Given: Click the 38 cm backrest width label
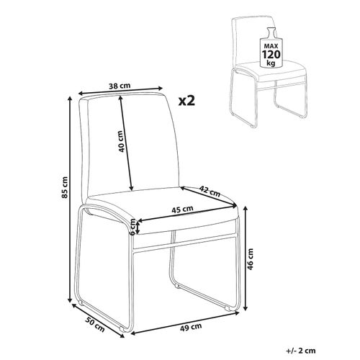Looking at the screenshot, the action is (120, 86).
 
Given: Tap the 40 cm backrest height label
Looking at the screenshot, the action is (122, 141).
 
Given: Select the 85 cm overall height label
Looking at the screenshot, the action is (65, 187).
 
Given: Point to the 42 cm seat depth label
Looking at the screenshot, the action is (210, 191).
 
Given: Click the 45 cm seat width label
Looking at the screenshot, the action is (182, 210).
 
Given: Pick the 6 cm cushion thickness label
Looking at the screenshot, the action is (132, 226).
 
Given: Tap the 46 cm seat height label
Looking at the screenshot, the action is (250, 259).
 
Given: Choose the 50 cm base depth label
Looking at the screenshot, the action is (95, 325).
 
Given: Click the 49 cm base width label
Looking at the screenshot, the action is (191, 327).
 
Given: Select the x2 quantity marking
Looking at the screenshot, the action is (186, 101).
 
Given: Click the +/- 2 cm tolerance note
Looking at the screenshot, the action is (300, 351).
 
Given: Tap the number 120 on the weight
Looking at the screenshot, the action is (271, 55).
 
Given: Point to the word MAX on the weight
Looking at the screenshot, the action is (271, 46).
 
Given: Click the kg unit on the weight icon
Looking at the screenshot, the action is (271, 63).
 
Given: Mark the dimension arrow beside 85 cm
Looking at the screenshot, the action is (70, 199).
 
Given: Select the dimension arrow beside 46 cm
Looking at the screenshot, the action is (246, 258).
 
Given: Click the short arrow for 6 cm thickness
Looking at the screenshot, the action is (138, 227).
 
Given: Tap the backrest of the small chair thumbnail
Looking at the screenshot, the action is (253, 41).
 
